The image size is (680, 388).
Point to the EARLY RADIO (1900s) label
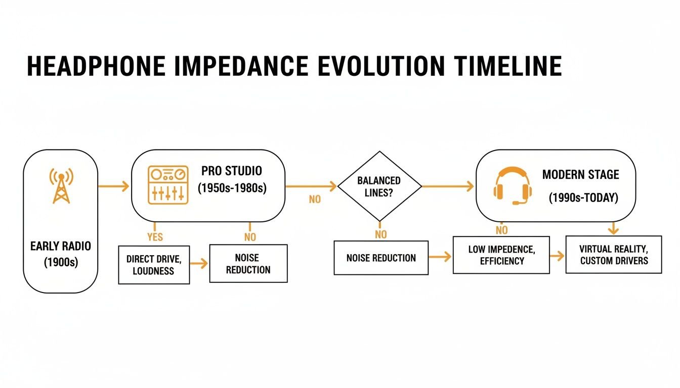click(x=61, y=254)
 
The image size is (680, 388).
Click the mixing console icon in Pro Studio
click(x=167, y=185)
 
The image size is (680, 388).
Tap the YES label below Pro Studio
click(x=155, y=236)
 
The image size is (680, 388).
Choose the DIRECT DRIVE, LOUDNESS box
click(x=154, y=264)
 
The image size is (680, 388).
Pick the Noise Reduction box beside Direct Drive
click(x=248, y=263)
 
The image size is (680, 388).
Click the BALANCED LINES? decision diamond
click(x=379, y=186)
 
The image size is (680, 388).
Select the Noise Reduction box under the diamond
click(x=381, y=258)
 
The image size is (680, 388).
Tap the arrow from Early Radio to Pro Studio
click(x=113, y=186)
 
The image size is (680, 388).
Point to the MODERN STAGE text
click(x=580, y=175)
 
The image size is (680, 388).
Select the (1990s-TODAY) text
click(x=583, y=198)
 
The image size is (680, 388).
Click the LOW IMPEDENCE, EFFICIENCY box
click(x=501, y=255)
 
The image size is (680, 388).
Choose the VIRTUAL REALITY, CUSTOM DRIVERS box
click(x=613, y=255)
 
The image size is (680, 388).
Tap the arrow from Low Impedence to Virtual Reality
click(x=557, y=256)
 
